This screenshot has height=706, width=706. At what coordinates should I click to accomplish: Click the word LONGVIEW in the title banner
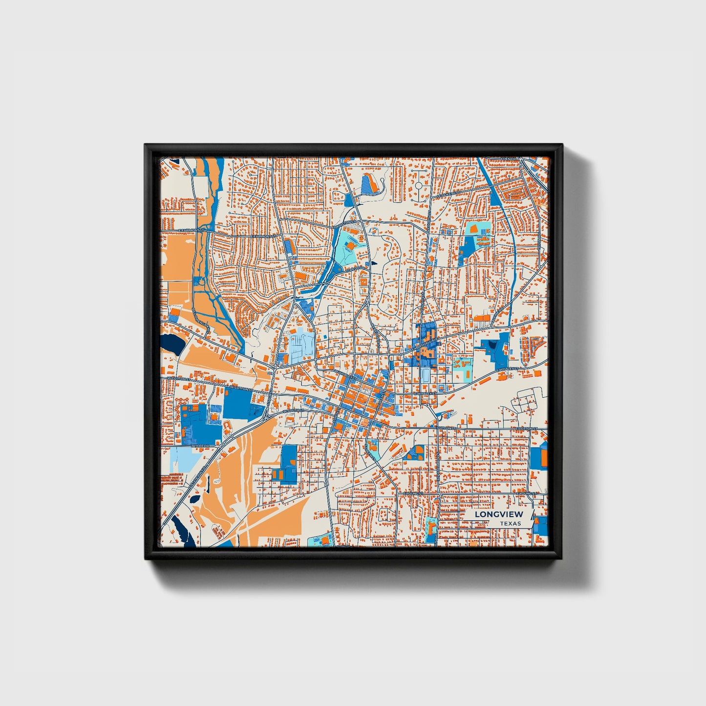coord(498,514)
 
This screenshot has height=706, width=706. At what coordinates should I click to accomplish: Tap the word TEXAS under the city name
coord(510,523)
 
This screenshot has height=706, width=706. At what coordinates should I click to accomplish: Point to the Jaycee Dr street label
coord(200,446)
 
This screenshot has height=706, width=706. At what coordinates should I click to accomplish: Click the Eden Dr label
coord(509,159)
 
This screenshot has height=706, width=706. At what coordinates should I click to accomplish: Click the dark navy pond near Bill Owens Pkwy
coord(173,344)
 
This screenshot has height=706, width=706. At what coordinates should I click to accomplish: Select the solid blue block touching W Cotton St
coord(237,404)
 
